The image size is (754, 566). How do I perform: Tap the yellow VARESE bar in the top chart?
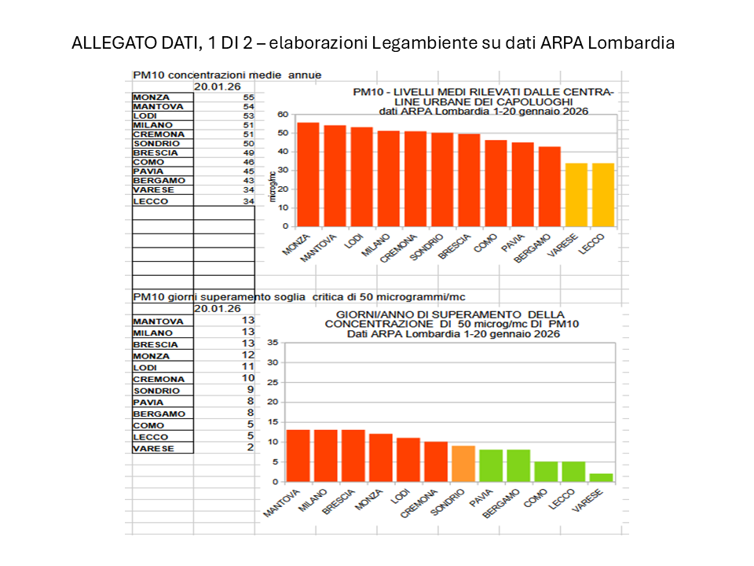(576, 195)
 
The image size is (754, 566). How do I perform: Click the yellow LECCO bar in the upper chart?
(602, 195)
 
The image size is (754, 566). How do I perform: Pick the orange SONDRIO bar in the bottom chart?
(463, 464)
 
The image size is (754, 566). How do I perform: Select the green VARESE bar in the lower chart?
(601, 477)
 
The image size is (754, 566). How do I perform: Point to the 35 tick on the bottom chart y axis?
(273, 343)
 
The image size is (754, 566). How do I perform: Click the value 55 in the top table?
(248, 97)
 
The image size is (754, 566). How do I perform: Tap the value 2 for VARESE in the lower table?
(250, 448)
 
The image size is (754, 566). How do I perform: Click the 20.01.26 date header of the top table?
(218, 86)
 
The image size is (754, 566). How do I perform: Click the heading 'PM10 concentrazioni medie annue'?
(227, 75)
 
